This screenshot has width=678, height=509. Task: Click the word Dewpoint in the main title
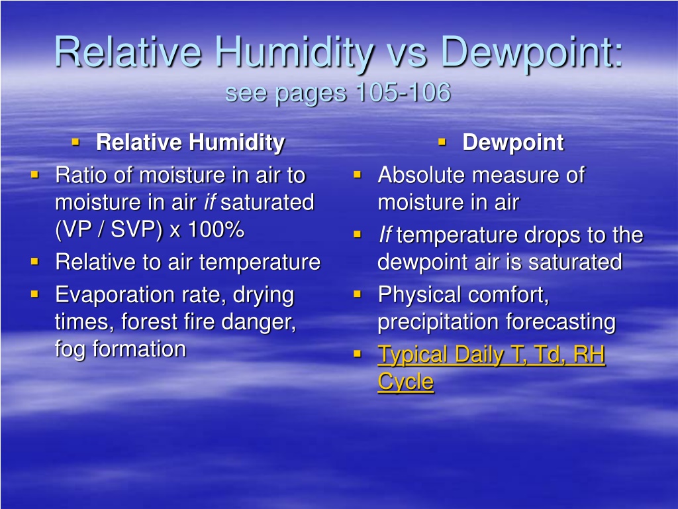pos(532,53)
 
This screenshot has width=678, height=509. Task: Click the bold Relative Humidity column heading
pos(190,143)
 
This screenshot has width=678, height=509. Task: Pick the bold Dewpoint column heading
pos(513,143)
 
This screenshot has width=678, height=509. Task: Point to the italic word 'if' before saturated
pos(210,202)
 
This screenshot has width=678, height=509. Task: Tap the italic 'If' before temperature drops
pos(385,235)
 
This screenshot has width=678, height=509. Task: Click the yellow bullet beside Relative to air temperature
pos(34,261)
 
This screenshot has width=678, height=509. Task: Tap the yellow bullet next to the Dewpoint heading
pos(442,142)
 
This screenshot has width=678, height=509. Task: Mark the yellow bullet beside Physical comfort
pos(357,294)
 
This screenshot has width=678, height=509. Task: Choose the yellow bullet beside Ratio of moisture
pos(34,175)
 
